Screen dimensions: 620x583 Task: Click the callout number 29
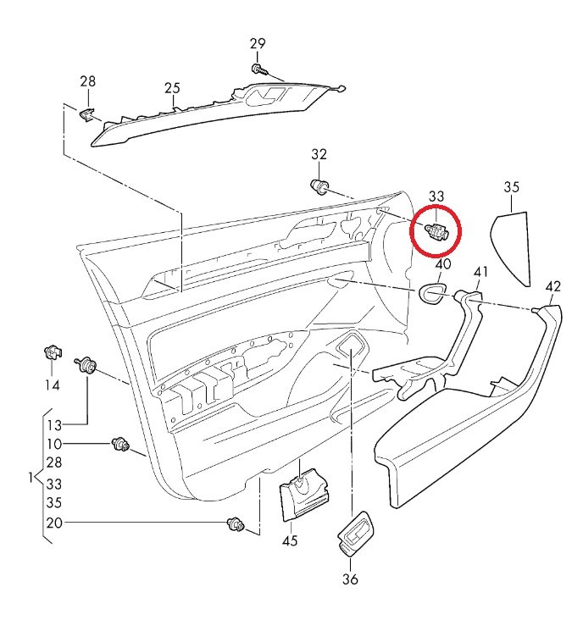pos(258,44)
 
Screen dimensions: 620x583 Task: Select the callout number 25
pos(173,87)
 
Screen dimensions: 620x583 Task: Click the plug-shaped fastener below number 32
pos(320,186)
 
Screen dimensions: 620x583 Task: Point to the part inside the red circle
pos(435,230)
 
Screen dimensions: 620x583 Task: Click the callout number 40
pos(442,265)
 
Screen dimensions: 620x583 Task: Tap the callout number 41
pos(480,272)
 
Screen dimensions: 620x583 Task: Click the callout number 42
pos(552,286)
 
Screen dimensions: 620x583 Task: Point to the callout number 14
pos(53,385)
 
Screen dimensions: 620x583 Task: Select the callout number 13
pos(54,424)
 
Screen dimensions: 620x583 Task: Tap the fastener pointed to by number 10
pos(120,443)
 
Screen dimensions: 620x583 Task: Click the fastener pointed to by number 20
pos(236,525)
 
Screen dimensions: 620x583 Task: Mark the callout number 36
pos(350,579)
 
